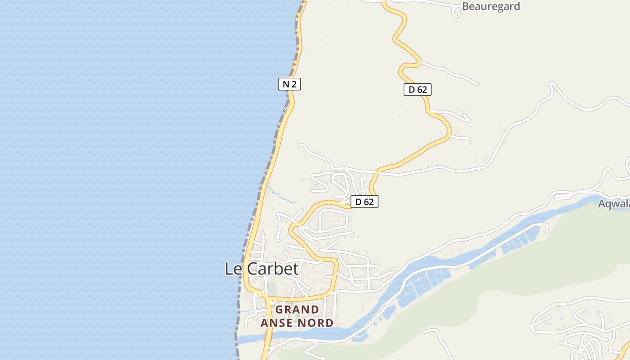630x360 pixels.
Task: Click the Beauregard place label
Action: (491, 6)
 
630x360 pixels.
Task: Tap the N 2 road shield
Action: (289, 84)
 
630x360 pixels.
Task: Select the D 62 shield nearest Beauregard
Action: (417, 90)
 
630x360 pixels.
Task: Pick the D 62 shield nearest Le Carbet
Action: (364, 202)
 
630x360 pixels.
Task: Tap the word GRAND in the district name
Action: (297, 310)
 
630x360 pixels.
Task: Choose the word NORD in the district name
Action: (316, 323)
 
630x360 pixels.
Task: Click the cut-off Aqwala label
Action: (614, 204)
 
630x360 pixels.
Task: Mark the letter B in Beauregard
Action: (467, 6)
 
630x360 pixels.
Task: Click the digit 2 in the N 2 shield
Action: (294, 84)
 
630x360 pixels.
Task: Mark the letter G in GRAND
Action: (279, 310)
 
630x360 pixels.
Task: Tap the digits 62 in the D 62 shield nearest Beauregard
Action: (422, 90)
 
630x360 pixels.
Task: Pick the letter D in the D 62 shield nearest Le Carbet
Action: (359, 202)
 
